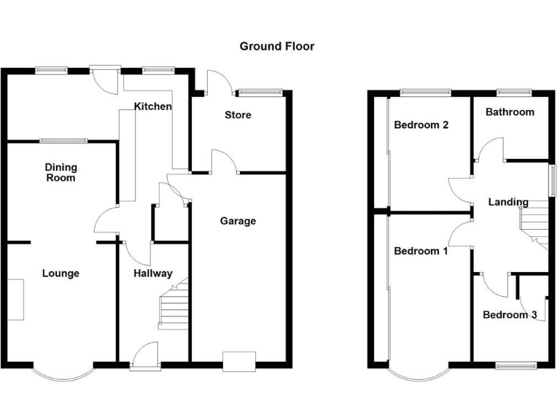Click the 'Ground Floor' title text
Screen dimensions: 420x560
pos(277,46)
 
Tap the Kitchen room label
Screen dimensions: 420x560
pos(153,106)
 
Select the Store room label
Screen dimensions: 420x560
pos(238,115)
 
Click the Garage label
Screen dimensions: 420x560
pos(238,221)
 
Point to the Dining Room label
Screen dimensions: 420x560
pos(61,172)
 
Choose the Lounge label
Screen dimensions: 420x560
pos(61,273)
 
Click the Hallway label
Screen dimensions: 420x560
pos(153,273)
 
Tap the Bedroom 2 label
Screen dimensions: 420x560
pos(421,125)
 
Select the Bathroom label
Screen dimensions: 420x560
pos(510,112)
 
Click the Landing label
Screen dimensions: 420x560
pos(508,202)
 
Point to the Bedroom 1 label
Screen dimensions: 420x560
pos(421,252)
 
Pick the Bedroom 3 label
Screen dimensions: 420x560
pos(510,315)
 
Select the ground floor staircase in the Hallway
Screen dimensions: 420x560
pos(174,306)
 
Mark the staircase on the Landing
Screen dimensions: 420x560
pos(534,222)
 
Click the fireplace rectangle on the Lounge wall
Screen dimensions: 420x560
pos(16,299)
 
